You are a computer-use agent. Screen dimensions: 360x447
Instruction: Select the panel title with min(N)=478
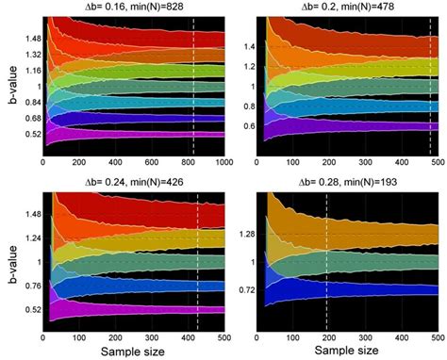click(x=351, y=8)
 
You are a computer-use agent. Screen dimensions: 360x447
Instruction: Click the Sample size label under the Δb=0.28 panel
click(x=351, y=352)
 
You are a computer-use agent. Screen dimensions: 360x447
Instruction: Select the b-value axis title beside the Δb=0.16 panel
click(x=8, y=85)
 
